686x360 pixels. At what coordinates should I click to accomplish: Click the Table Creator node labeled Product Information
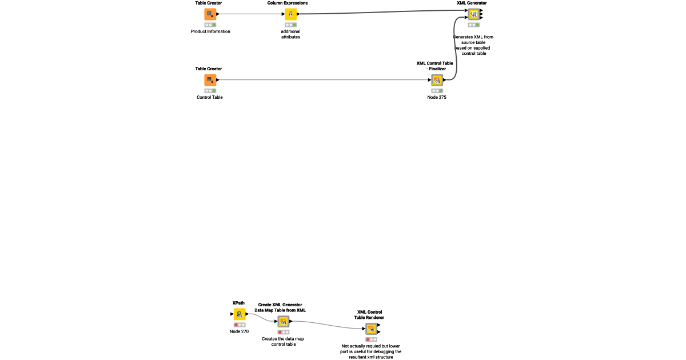pos(210,14)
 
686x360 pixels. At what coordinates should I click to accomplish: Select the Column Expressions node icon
pos(290,14)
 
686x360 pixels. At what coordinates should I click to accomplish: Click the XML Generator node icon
pos(473,14)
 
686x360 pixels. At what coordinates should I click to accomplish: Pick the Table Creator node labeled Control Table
pos(210,80)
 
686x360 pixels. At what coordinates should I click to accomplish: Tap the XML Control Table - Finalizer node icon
pos(437,80)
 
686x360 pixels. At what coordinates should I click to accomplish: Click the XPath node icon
pos(240,314)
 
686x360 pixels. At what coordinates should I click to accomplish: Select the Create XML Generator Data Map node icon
pos(283,322)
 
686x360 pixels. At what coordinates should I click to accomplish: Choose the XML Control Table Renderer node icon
pos(372,329)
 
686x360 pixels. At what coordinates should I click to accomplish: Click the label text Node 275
pos(437,98)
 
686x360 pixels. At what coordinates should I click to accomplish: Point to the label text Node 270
pos(239,331)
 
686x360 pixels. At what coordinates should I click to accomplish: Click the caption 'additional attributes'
pos(290,34)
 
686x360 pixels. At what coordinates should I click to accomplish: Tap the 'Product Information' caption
pos(210,31)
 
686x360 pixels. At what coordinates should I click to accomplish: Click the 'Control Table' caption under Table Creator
pos(210,97)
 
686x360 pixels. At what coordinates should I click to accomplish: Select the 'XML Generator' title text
pos(472,3)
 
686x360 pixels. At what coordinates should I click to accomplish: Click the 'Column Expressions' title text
pos(288,3)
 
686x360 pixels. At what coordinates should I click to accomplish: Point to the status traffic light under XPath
pos(239,325)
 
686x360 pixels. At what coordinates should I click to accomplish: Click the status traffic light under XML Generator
pos(473,25)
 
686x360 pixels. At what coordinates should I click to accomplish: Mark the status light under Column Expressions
pos(290,25)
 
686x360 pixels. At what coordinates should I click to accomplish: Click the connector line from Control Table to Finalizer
pos(320,80)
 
